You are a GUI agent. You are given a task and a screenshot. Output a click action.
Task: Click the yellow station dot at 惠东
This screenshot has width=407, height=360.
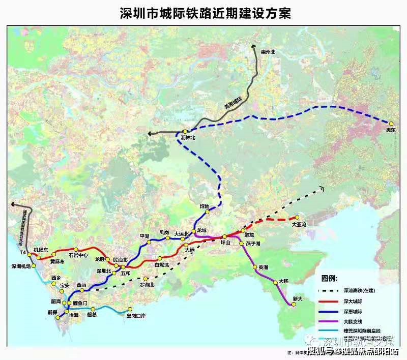[x=391, y=123]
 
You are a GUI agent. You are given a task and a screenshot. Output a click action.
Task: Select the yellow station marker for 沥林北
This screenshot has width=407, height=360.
[x=185, y=131]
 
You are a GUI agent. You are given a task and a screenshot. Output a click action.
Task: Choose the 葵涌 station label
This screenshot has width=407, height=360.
[x=263, y=266]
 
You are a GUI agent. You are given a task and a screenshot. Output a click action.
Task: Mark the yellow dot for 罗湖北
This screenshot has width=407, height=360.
[x=146, y=279]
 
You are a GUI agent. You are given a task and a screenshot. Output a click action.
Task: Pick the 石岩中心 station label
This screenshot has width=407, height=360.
[x=78, y=255]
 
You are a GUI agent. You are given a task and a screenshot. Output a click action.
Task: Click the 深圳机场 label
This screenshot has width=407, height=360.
[x=21, y=266]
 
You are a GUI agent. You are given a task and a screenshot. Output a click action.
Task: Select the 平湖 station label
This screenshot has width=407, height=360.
[x=144, y=236]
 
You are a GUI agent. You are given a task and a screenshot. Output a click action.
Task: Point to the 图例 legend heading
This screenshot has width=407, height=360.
[x=329, y=279]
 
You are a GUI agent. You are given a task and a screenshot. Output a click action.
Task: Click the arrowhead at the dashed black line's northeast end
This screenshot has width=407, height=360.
[x=322, y=188]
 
